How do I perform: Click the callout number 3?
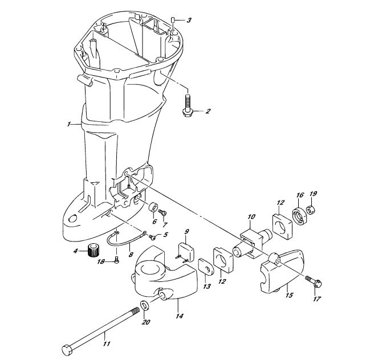click(x=189, y=21)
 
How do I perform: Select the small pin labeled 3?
click(x=173, y=20)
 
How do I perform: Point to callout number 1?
click(x=68, y=124)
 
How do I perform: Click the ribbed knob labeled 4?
click(x=93, y=251)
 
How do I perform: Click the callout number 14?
click(x=180, y=316)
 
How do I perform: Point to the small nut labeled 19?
click(x=311, y=210)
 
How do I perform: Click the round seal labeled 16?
click(x=299, y=216)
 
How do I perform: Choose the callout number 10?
click(x=251, y=216)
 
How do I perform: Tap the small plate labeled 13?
click(x=206, y=267)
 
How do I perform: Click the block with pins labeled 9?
click(x=185, y=253)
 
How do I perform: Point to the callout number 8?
click(x=131, y=255)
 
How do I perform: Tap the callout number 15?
click(x=289, y=295)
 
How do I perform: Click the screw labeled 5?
click(x=152, y=236)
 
